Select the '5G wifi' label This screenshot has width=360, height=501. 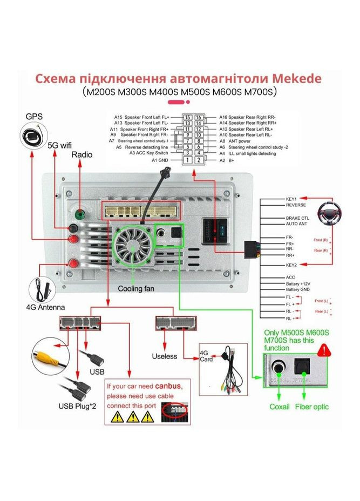pos(60,145)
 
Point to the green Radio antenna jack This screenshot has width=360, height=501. pos(80,214)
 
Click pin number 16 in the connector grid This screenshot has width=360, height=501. pos(199,117)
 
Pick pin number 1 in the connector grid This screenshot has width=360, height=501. pos(187,160)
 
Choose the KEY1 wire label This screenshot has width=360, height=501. pos(292,199)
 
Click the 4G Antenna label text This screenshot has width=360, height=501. pos(45,308)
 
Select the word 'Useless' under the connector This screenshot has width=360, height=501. pos(165,356)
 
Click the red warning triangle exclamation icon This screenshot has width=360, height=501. pos(324,350)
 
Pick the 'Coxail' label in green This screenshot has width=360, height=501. pos(280,407)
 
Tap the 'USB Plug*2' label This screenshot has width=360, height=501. pos(78,406)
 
